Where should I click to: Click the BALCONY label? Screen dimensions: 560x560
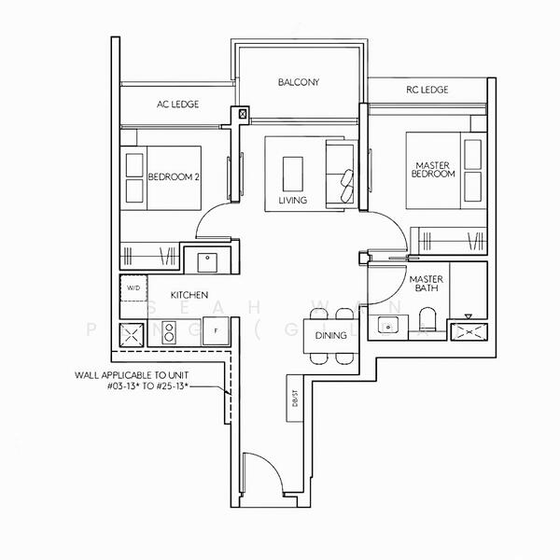299,83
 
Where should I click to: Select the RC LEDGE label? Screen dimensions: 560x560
427,90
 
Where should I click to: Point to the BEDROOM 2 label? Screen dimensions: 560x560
175,177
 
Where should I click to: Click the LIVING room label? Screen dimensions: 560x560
292,200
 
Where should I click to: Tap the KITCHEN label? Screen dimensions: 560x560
189,294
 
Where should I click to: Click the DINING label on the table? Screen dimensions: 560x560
330,335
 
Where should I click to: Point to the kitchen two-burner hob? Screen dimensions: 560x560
170,331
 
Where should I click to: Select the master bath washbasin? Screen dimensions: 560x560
390,326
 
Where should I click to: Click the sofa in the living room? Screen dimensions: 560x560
340,174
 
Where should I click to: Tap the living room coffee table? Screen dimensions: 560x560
292,173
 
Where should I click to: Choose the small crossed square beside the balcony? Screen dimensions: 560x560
245,114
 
